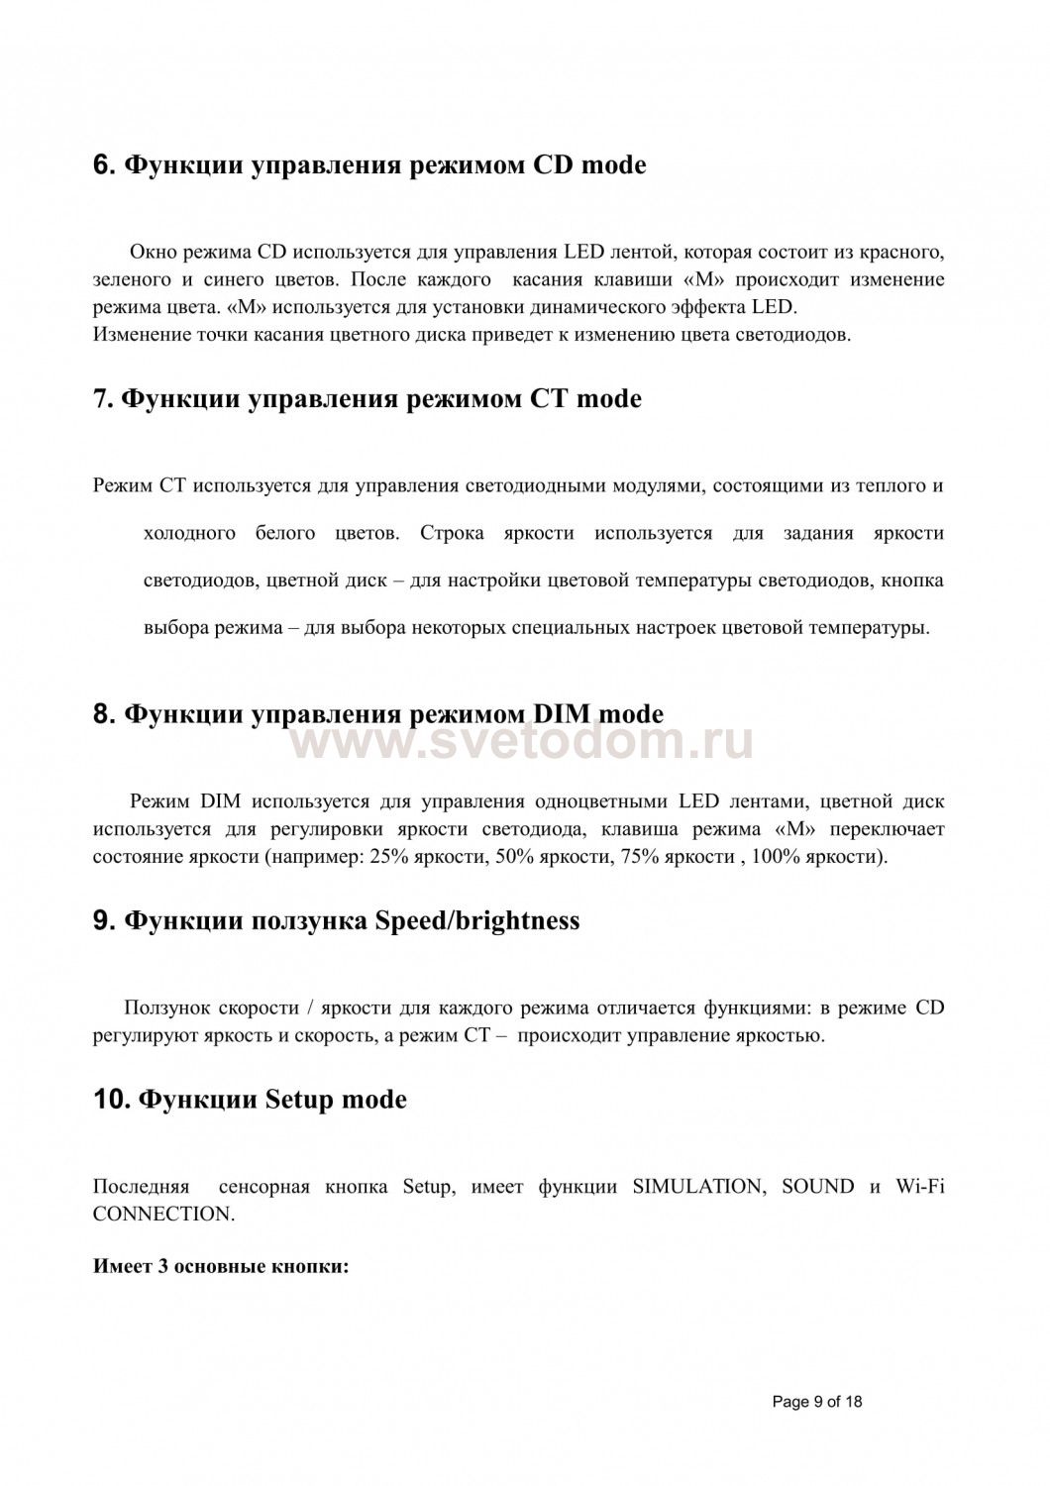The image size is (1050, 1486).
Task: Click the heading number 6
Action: tap(103, 165)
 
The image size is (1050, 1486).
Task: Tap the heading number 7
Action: tap(103, 399)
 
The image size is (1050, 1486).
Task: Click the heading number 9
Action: tap(103, 920)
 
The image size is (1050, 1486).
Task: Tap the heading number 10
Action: tap(111, 1100)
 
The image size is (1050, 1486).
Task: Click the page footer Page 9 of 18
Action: tap(816, 1401)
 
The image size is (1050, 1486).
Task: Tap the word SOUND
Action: tap(817, 1187)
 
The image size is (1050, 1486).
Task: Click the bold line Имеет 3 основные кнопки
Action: tap(221, 1267)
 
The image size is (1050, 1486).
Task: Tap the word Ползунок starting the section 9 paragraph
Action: tap(166, 1008)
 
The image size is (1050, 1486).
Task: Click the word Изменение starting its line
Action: tap(142, 334)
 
